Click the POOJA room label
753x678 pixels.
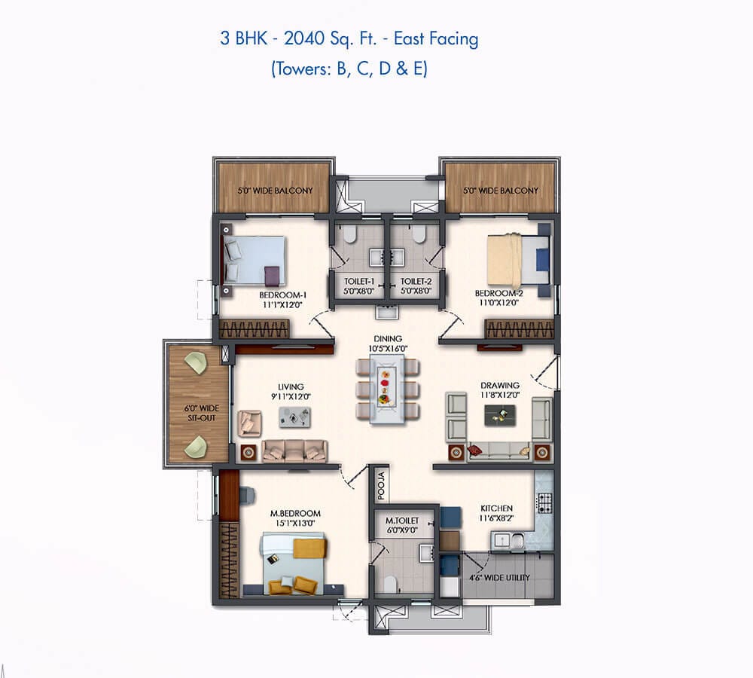tap(381, 485)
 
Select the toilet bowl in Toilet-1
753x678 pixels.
tap(349, 234)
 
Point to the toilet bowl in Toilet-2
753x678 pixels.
tap(419, 234)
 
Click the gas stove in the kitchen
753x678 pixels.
tap(544, 503)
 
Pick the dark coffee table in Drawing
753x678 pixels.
tap(501, 415)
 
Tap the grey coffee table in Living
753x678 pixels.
tap(294, 417)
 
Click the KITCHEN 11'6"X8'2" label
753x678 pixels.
tap(496, 513)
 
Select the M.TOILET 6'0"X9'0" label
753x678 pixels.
tap(402, 526)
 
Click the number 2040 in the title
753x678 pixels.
tap(304, 38)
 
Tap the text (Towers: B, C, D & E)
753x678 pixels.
tap(349, 69)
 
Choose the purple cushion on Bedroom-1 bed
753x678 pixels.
tap(272, 275)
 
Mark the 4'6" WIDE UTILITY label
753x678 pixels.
tap(499, 578)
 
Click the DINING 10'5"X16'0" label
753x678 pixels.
tap(388, 344)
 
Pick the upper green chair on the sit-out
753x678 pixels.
tap(196, 363)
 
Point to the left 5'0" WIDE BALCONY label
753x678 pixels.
tap(275, 191)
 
